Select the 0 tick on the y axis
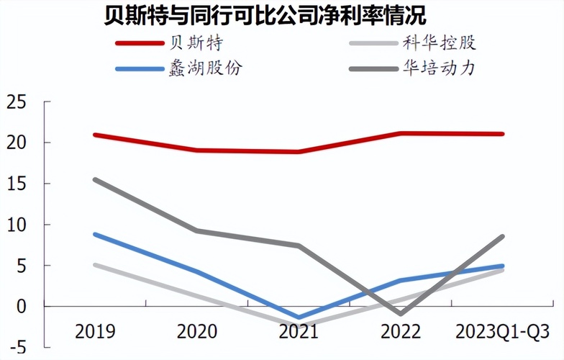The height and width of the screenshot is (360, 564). [x=20, y=307]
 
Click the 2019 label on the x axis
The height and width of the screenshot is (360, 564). [x=95, y=333]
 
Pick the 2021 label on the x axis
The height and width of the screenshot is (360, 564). [x=298, y=333]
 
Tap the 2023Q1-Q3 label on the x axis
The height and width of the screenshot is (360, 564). [x=502, y=333]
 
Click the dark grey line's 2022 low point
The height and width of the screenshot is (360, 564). [x=400, y=314]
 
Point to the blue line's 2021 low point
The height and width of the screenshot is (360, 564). [x=298, y=318]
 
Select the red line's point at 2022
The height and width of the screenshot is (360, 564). [x=400, y=133]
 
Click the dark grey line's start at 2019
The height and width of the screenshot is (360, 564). [x=95, y=179]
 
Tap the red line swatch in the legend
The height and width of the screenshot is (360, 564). [x=140, y=42]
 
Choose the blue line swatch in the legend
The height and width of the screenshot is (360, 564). [x=140, y=70]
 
